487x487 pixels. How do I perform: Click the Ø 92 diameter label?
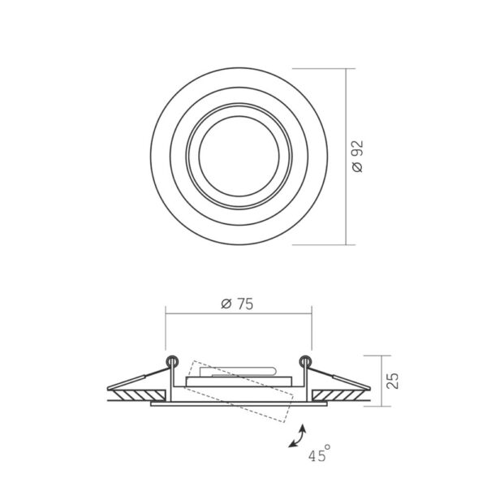click(358, 156)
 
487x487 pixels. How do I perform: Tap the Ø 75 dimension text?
click(237, 304)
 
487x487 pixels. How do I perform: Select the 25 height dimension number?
click(393, 381)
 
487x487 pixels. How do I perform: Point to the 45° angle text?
click(319, 453)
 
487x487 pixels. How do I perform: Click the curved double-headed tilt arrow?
click(299, 437)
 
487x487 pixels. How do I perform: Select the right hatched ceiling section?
click(338, 395)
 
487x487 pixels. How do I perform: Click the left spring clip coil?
click(172, 361)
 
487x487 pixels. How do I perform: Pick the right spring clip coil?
click(305, 361)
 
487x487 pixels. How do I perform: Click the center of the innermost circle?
click(239, 156)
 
